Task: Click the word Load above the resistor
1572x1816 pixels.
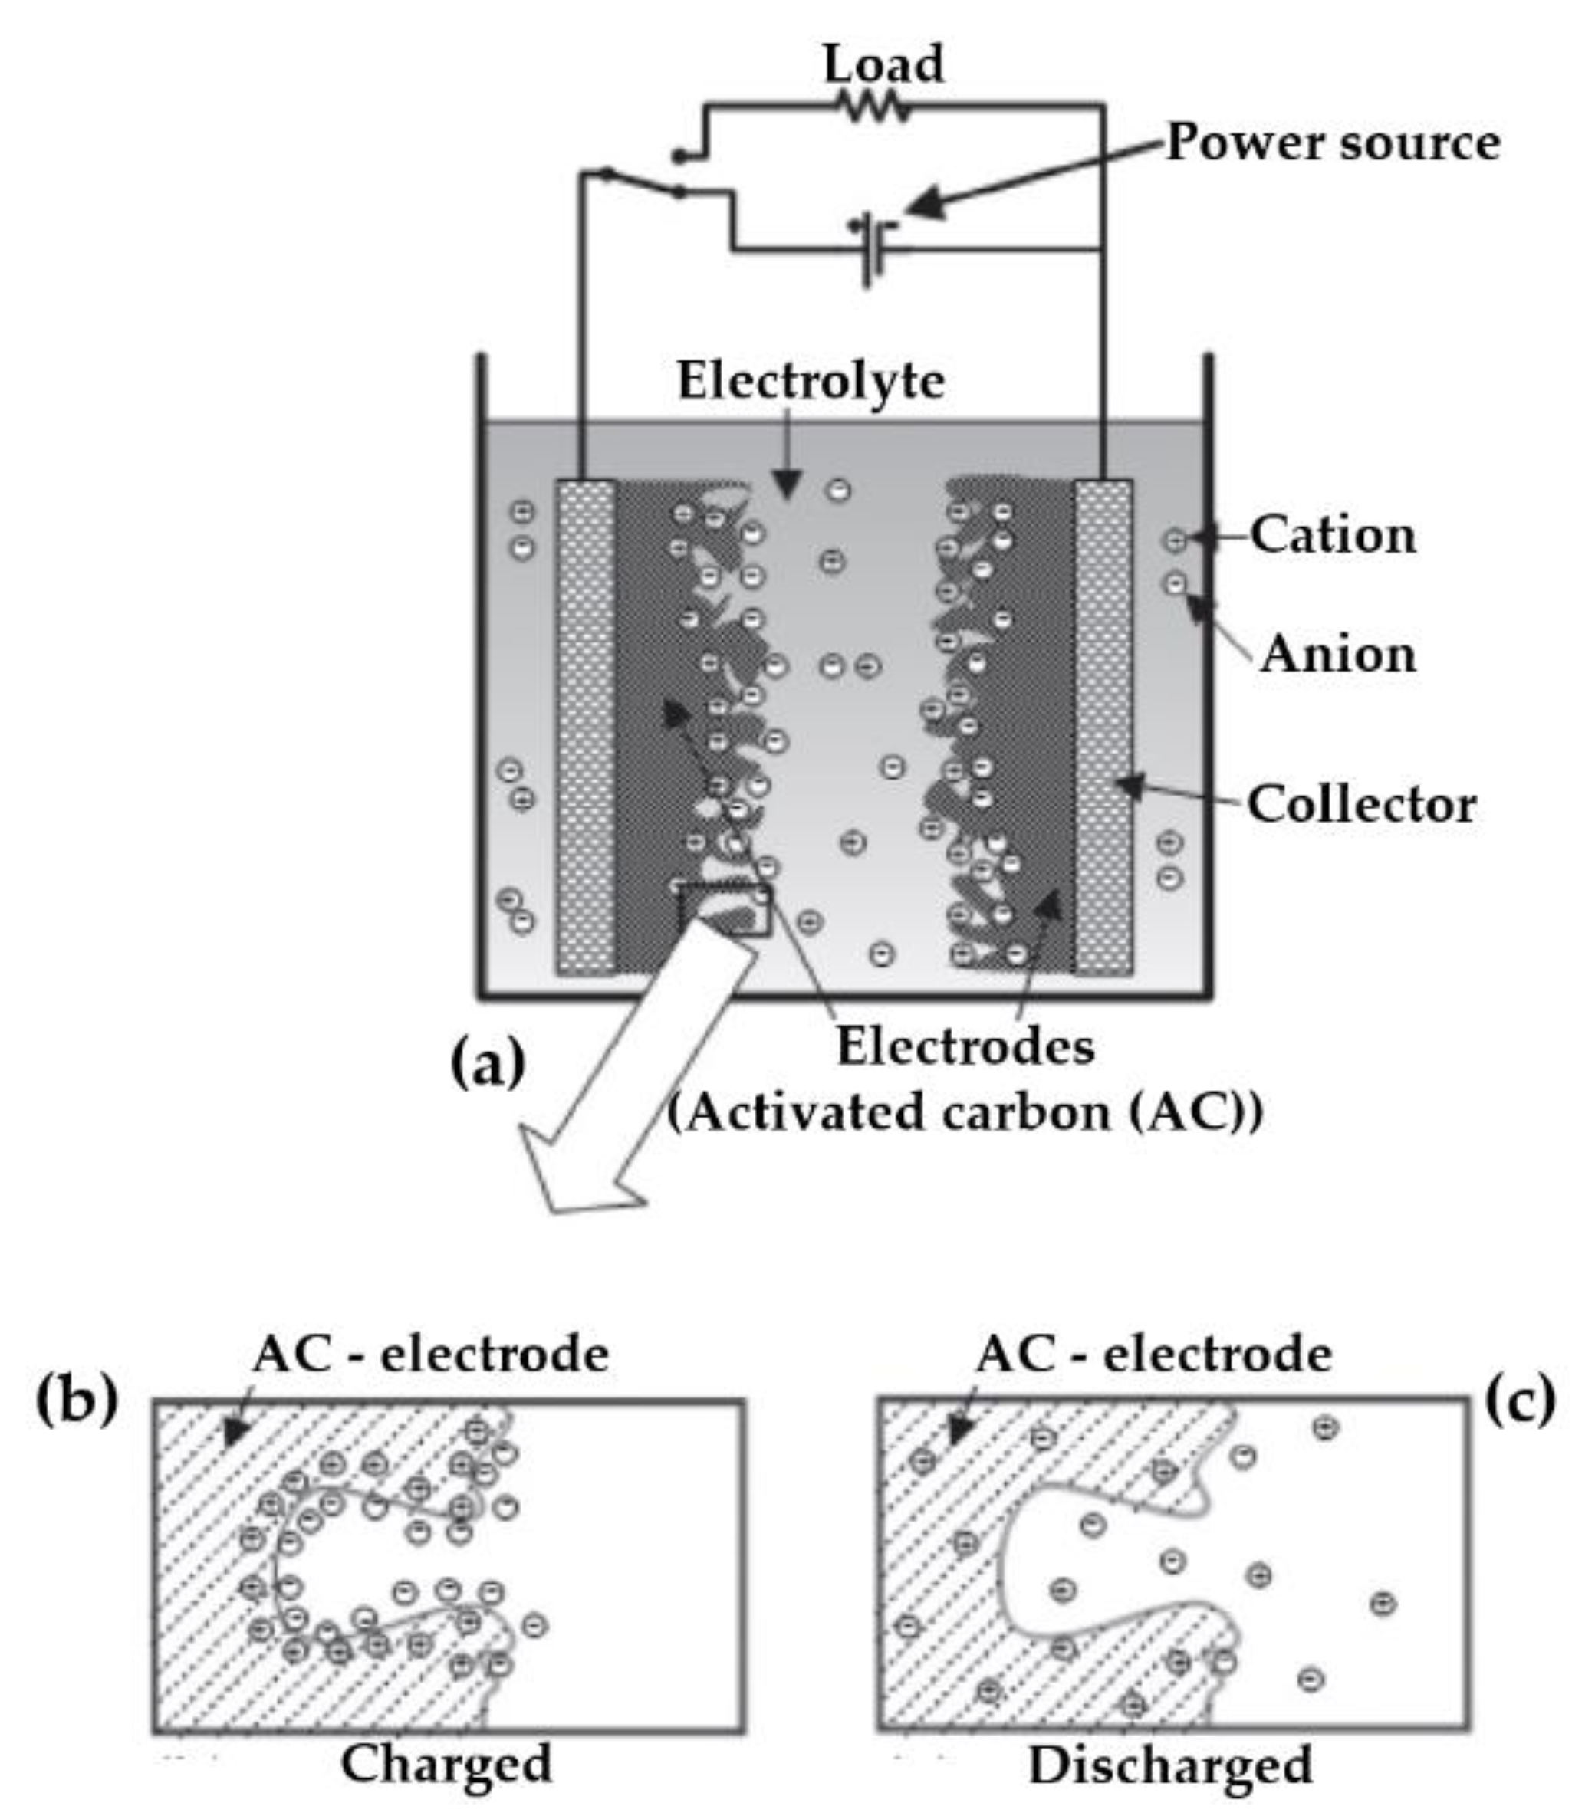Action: click(883, 64)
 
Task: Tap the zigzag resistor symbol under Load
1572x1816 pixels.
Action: click(875, 108)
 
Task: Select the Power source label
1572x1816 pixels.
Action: click(1333, 143)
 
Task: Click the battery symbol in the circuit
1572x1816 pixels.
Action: click(872, 249)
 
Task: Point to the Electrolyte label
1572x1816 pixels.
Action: click(811, 382)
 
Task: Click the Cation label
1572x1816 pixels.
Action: click(1333, 535)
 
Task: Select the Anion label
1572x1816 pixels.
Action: click(1338, 655)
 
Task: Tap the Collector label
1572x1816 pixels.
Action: click(1360, 804)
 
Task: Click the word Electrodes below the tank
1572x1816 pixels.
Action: click(965, 1046)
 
